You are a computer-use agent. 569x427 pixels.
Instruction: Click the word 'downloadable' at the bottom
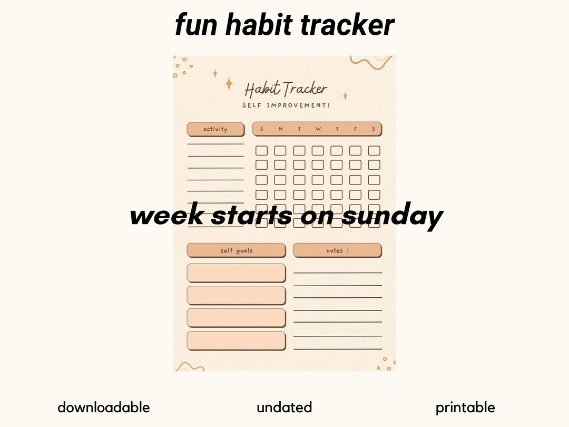coord(103,407)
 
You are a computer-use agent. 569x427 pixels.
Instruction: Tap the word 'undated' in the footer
coord(284,407)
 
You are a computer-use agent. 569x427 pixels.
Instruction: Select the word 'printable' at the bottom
coord(465,407)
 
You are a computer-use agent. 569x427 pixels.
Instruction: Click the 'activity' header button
coord(215,129)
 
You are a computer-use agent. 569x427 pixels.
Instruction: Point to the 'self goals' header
coord(236,250)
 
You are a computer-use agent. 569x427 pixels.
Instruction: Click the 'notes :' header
coord(337,250)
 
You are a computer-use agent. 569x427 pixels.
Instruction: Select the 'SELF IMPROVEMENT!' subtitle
coord(286,105)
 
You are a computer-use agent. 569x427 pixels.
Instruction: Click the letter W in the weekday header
coord(318,129)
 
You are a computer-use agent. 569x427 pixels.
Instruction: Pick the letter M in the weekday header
coord(280,129)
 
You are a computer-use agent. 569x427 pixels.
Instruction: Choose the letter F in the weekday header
coord(356,129)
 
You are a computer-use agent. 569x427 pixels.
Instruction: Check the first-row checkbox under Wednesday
coord(318,151)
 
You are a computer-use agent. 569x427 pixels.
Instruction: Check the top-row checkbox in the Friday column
coord(355,151)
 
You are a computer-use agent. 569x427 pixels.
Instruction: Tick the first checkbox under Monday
coord(280,151)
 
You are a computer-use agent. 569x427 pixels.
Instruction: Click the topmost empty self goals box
coord(236,273)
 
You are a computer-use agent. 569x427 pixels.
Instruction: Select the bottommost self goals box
coord(236,341)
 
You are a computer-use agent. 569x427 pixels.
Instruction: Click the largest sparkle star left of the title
coord(229,83)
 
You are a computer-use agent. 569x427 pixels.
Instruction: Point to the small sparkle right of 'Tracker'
coord(345,96)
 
